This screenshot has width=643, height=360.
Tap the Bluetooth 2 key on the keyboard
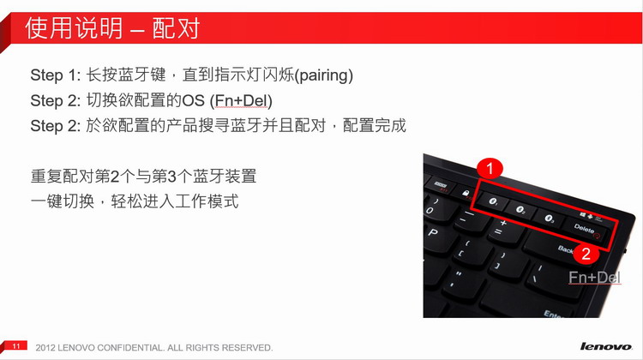coord(520,211)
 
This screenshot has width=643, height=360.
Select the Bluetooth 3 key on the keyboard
coord(549,219)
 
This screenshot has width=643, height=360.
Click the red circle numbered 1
coord(490,168)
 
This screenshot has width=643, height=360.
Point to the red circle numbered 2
coord(586,254)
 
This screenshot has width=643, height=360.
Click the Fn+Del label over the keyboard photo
coord(595,278)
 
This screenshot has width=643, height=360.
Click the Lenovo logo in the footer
coord(606,346)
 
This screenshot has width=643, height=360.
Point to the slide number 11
coord(16,345)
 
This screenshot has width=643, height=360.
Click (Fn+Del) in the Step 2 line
coord(241,101)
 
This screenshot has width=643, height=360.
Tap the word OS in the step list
coord(193,101)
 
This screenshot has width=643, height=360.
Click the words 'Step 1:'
coord(56,75)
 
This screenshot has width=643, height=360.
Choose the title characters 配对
coord(176,28)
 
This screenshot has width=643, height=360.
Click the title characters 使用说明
coord(74,28)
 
